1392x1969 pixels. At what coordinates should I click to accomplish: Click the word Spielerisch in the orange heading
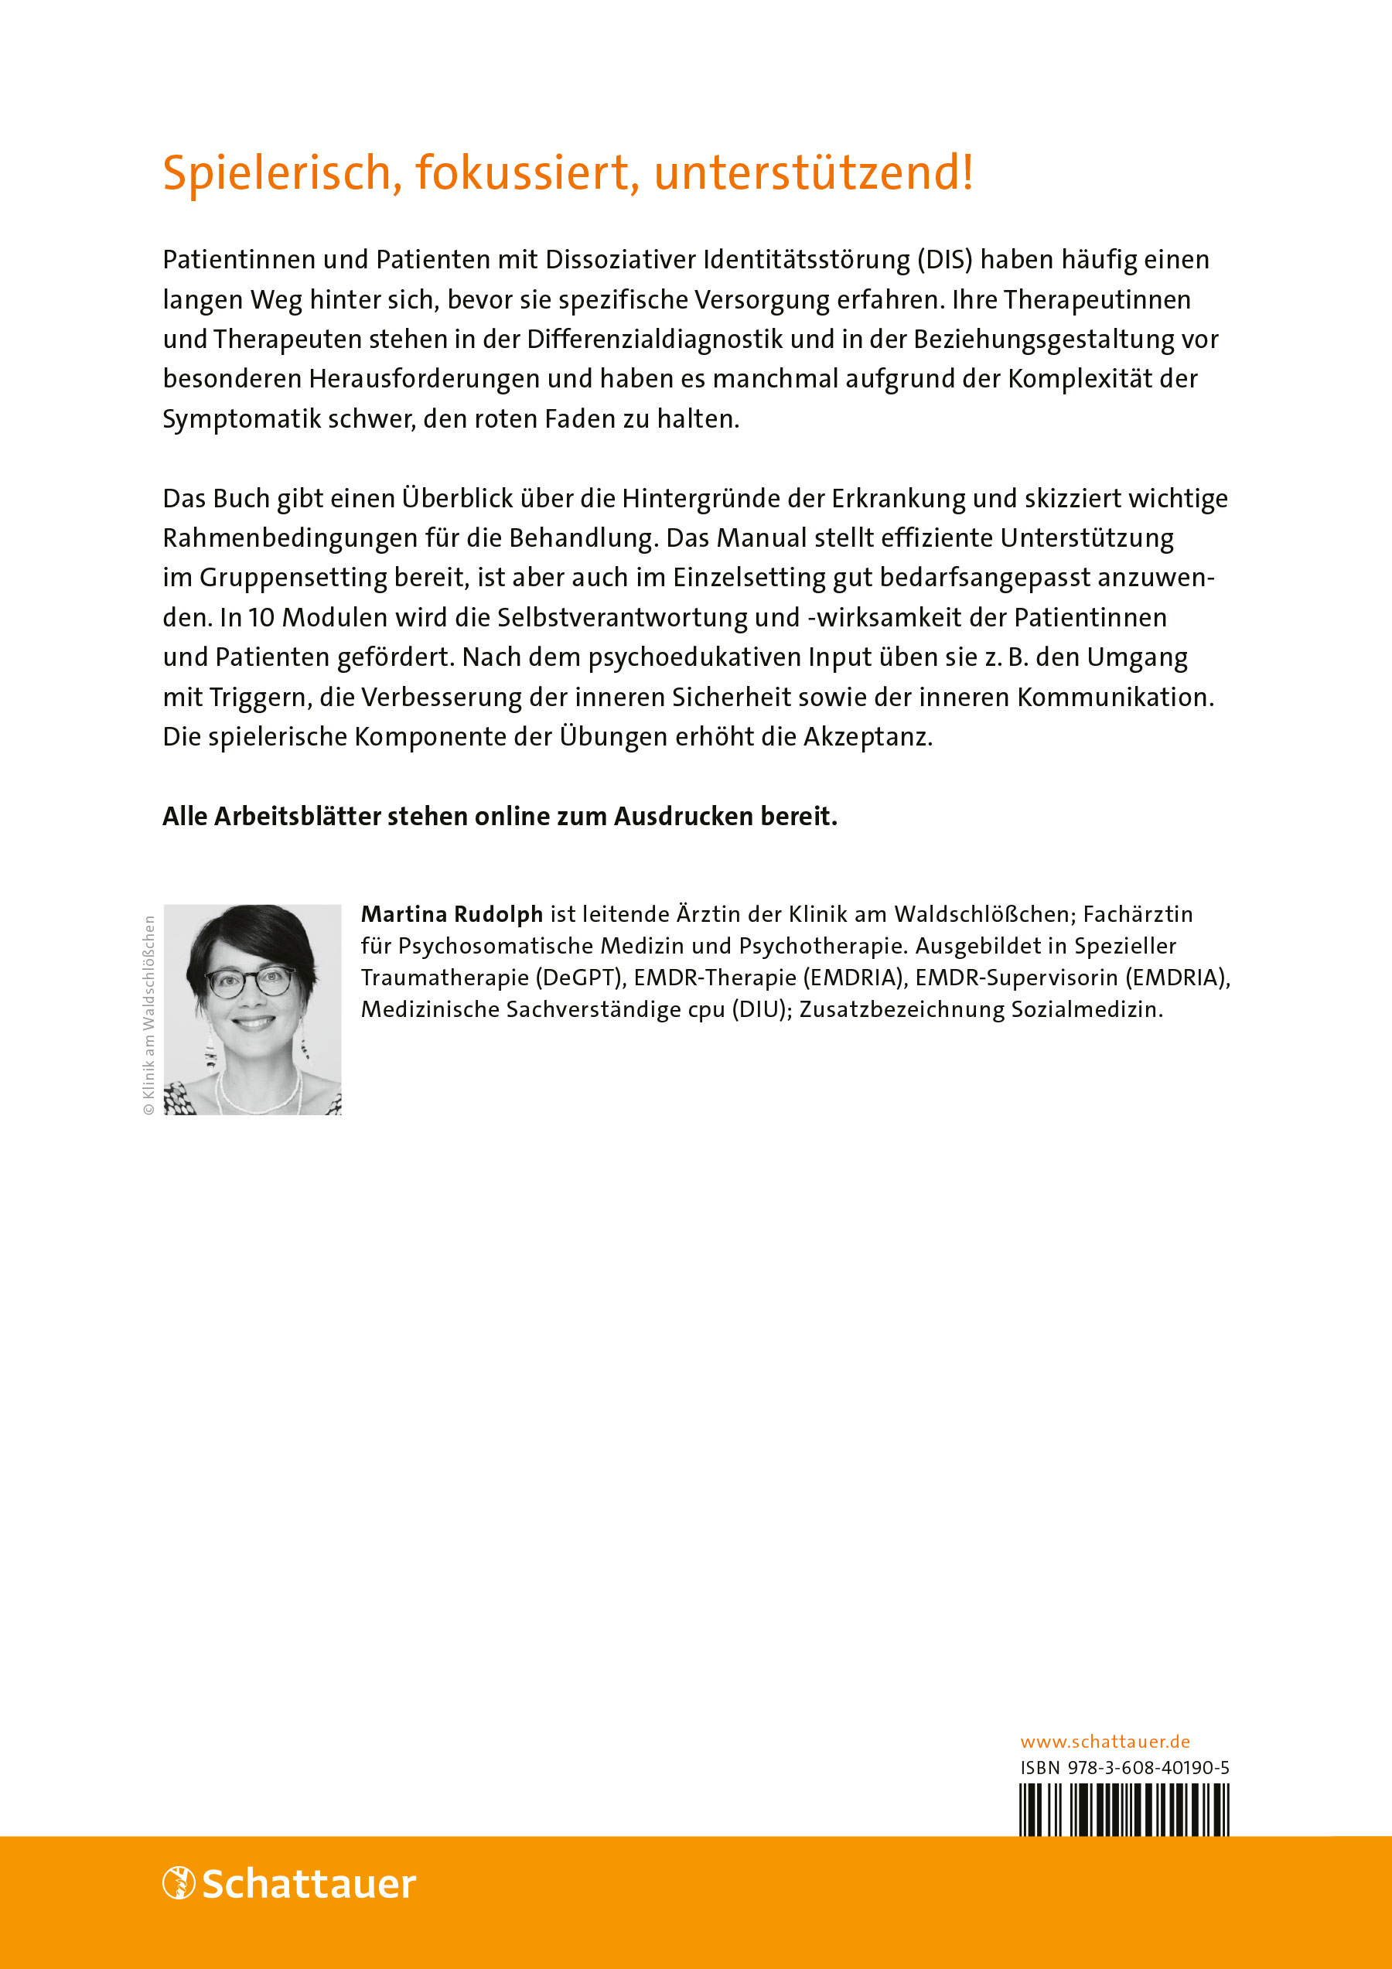(x=277, y=174)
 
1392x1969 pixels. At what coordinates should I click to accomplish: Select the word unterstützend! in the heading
(x=813, y=172)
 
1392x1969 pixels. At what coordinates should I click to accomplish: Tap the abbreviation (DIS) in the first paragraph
(x=946, y=260)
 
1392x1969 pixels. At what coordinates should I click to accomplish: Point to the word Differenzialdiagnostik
(x=654, y=340)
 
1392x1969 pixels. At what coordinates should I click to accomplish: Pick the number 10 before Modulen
(x=261, y=617)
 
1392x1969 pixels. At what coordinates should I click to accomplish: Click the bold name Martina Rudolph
(x=452, y=914)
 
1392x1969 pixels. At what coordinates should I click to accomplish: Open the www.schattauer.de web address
(x=1104, y=1742)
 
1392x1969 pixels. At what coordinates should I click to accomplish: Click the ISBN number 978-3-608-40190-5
(x=1148, y=1767)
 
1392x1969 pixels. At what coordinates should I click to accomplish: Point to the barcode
(x=1124, y=1810)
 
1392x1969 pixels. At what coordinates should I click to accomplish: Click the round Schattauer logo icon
(x=179, y=1883)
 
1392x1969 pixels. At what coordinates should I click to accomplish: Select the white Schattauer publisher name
(x=309, y=1884)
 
